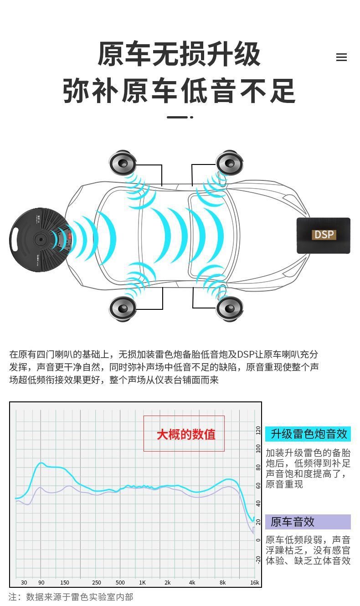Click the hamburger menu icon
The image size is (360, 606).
point(341,57)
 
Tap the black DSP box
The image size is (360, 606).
point(324,235)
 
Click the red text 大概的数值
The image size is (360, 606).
point(186,434)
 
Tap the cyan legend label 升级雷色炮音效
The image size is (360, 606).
point(309,434)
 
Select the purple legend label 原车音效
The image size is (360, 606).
point(293,522)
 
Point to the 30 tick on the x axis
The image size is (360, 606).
point(24,582)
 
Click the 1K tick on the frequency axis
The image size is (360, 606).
point(142,582)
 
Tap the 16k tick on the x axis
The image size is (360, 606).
point(254,582)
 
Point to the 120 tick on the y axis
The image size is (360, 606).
point(258,430)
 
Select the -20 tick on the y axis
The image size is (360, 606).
point(258,559)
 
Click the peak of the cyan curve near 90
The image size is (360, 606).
point(41,463)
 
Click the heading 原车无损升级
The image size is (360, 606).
point(179,54)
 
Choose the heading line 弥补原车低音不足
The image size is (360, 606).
point(179,91)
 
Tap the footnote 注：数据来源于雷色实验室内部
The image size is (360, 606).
point(71,597)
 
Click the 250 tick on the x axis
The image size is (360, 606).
point(97,582)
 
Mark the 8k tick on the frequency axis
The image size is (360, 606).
point(222,582)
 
